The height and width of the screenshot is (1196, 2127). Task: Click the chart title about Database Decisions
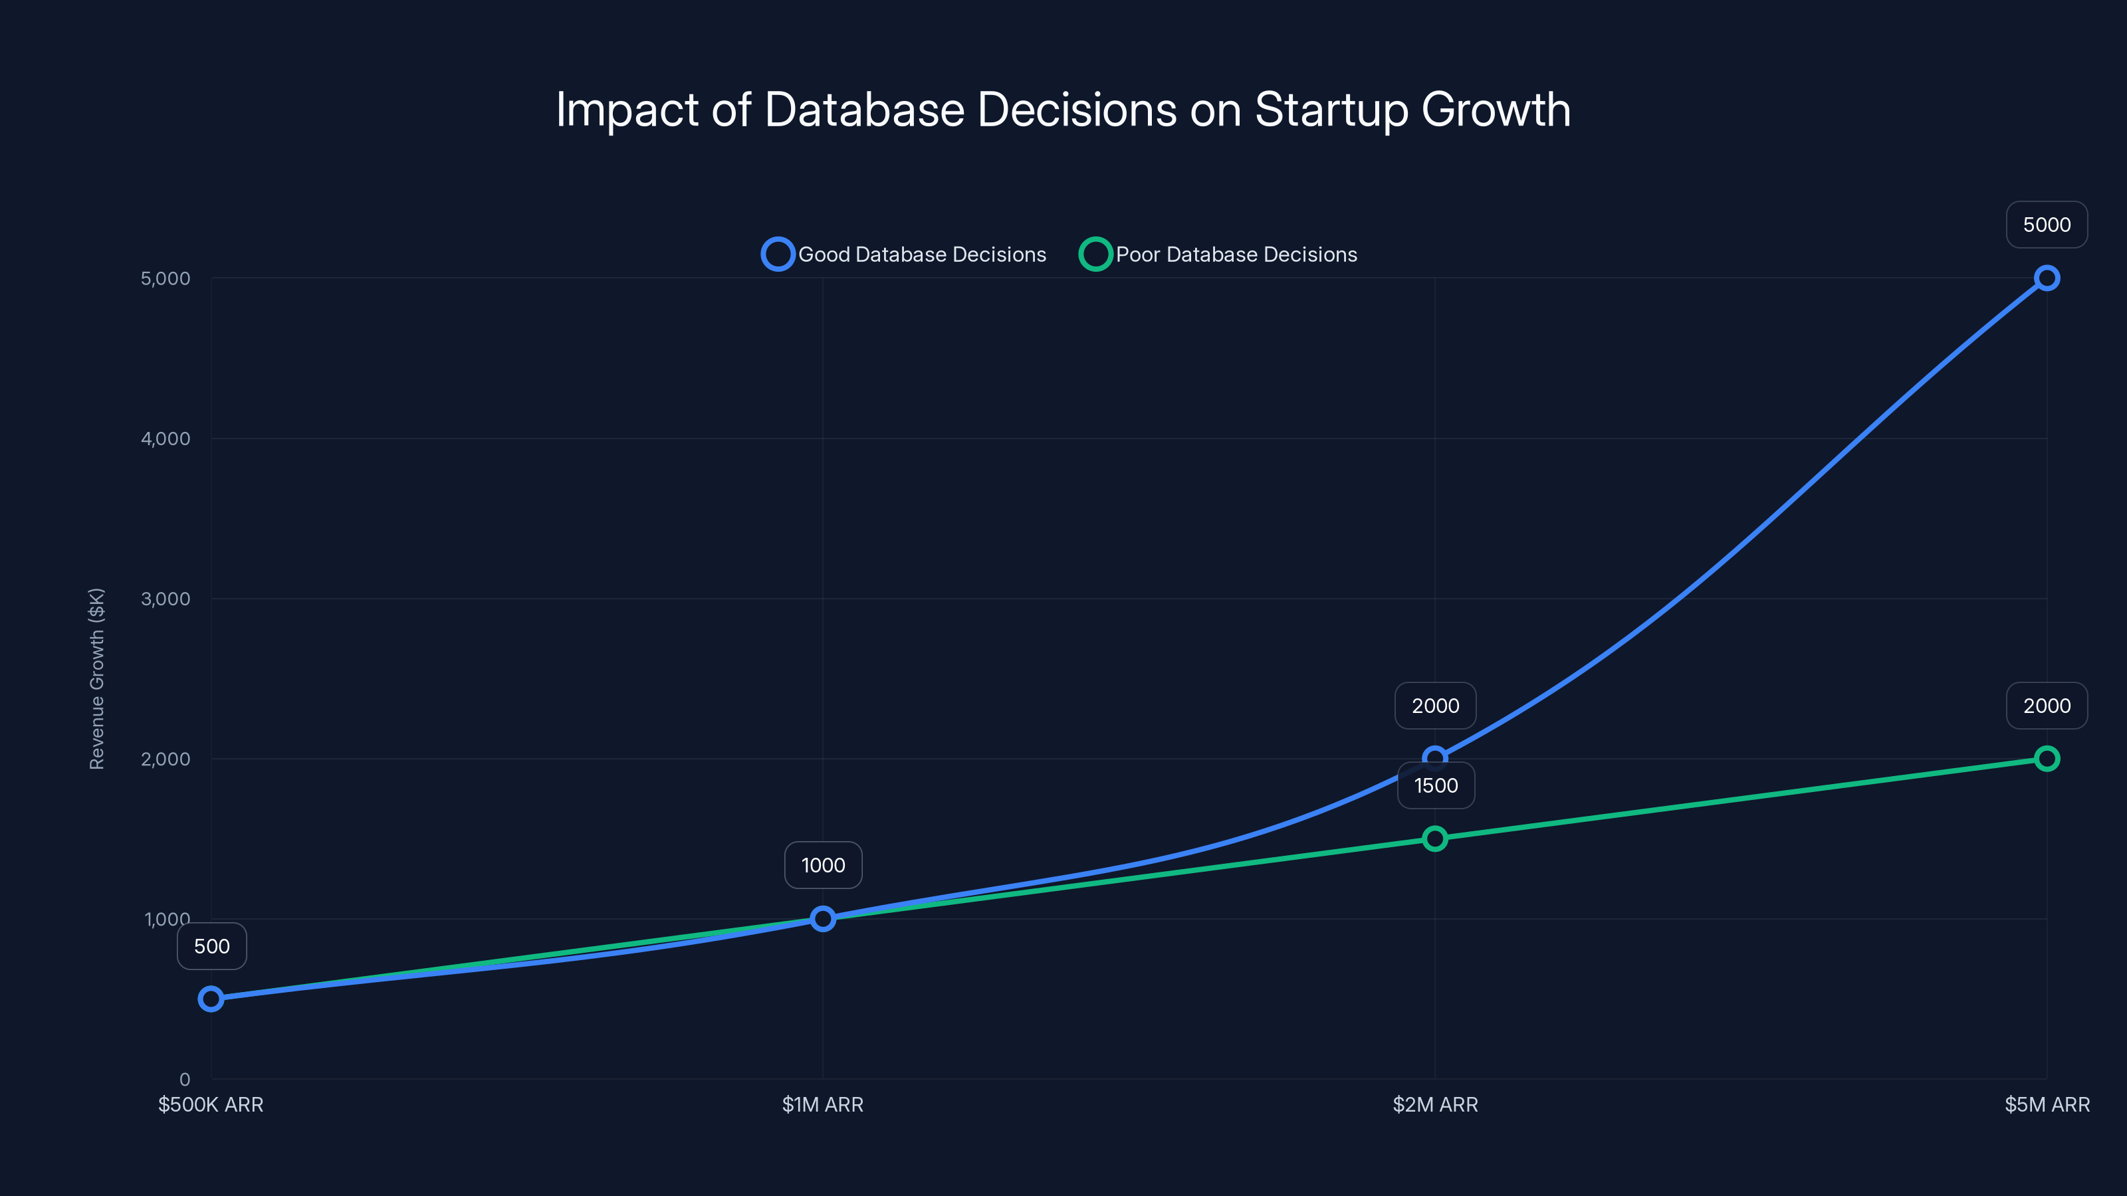pyautogui.click(x=1063, y=110)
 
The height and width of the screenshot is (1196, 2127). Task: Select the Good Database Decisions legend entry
pyautogui.click(x=904, y=254)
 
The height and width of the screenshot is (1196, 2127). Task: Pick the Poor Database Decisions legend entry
pyautogui.click(x=1219, y=254)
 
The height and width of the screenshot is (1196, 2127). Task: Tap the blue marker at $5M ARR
pyautogui.click(x=2046, y=278)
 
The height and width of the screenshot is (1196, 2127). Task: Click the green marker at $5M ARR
pyautogui.click(x=2046, y=759)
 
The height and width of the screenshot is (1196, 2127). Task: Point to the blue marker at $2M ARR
pyautogui.click(x=1434, y=757)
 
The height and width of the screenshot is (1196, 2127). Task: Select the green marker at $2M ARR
pyautogui.click(x=1434, y=839)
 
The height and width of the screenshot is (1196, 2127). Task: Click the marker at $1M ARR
pyautogui.click(x=822, y=919)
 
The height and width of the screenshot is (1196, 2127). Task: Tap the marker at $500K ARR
pyautogui.click(x=211, y=999)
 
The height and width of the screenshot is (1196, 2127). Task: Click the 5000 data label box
pyautogui.click(x=2046, y=225)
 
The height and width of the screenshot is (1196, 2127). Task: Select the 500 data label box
pyautogui.click(x=212, y=946)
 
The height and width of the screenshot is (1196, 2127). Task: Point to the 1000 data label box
pyautogui.click(x=824, y=865)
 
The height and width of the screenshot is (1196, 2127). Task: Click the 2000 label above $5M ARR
pyautogui.click(x=2046, y=706)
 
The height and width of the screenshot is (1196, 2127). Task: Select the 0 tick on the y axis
pyautogui.click(x=184, y=1079)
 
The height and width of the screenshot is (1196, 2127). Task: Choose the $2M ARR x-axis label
pyautogui.click(x=1435, y=1104)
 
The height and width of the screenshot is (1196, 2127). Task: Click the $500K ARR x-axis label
pyautogui.click(x=211, y=1104)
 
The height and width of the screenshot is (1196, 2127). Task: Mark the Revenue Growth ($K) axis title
pyautogui.click(x=96, y=678)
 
